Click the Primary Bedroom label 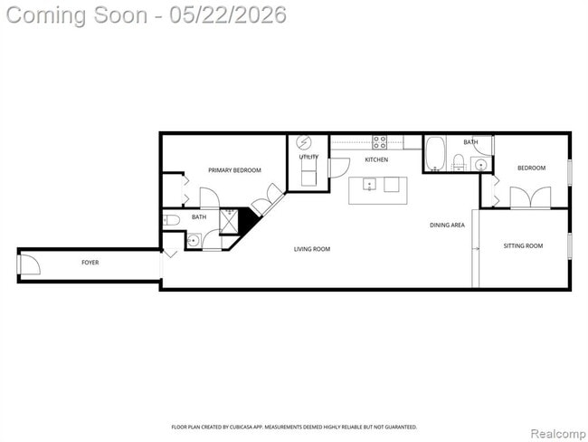coord(234,170)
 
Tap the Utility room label coord(308,157)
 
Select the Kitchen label coord(376,159)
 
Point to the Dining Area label coord(447,225)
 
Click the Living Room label coord(312,249)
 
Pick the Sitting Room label coord(523,246)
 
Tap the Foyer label coord(90,263)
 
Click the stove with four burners coord(380,142)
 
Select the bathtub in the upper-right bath coord(435,154)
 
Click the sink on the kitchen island coord(369,185)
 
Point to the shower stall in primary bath coord(229,222)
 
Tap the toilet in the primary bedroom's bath coord(172,220)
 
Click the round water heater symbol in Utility coord(304,143)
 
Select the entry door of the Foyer coord(29,264)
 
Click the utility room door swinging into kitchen coord(339,168)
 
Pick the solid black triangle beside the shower coord(248,221)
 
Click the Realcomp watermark coord(558,434)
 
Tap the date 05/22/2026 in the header coord(228,15)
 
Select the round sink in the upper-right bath coord(480,165)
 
